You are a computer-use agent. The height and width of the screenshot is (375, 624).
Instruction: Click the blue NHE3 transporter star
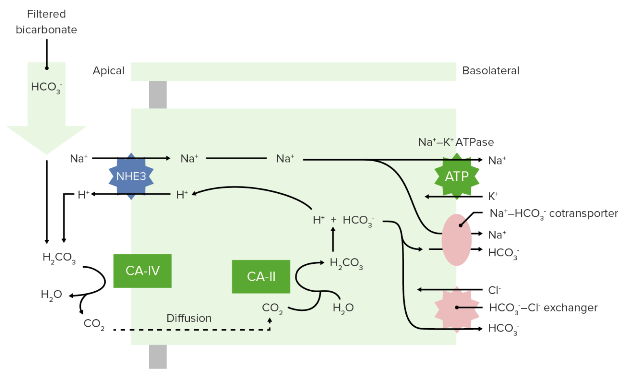(131, 176)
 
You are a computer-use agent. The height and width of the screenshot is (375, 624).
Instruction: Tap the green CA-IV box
(142, 271)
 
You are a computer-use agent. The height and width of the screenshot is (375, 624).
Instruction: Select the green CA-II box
(261, 277)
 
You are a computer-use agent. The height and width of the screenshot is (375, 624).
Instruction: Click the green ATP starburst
(457, 176)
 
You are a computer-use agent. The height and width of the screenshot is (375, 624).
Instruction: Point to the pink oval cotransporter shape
(456, 240)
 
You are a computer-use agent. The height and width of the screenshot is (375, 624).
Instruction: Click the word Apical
(108, 71)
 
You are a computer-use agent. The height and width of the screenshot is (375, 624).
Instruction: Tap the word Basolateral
(491, 71)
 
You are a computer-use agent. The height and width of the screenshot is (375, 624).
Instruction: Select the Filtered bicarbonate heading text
(46, 22)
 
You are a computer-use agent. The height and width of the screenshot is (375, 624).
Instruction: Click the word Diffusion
(189, 318)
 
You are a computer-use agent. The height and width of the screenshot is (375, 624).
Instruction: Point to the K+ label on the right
(493, 196)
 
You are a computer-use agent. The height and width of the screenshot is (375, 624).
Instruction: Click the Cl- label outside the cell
(494, 290)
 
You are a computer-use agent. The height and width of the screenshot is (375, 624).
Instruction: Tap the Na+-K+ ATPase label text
(456, 142)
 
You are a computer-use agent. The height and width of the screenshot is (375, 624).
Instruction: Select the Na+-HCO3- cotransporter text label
(553, 214)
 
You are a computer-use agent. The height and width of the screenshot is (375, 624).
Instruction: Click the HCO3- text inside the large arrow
(46, 87)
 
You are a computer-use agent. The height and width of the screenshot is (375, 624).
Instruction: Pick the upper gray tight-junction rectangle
(158, 94)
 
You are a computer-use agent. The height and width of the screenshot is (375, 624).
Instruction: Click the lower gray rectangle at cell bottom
(158, 357)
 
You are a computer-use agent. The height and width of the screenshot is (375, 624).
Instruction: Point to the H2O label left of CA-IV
(51, 295)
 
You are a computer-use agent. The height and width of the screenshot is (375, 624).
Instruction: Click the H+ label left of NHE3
(83, 195)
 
